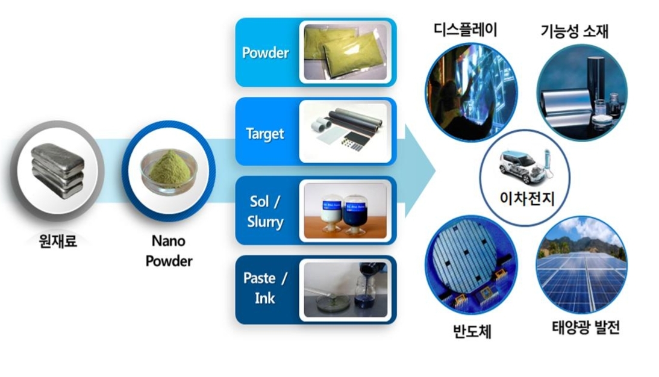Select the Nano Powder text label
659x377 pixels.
169,251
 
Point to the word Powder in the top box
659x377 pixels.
265,53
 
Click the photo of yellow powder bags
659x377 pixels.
345,52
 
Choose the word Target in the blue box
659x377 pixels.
265,133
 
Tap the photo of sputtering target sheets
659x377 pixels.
345,132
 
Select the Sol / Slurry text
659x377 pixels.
265,213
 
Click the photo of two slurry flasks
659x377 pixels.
345,211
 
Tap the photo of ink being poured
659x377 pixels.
345,289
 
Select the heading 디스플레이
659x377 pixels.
465,28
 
